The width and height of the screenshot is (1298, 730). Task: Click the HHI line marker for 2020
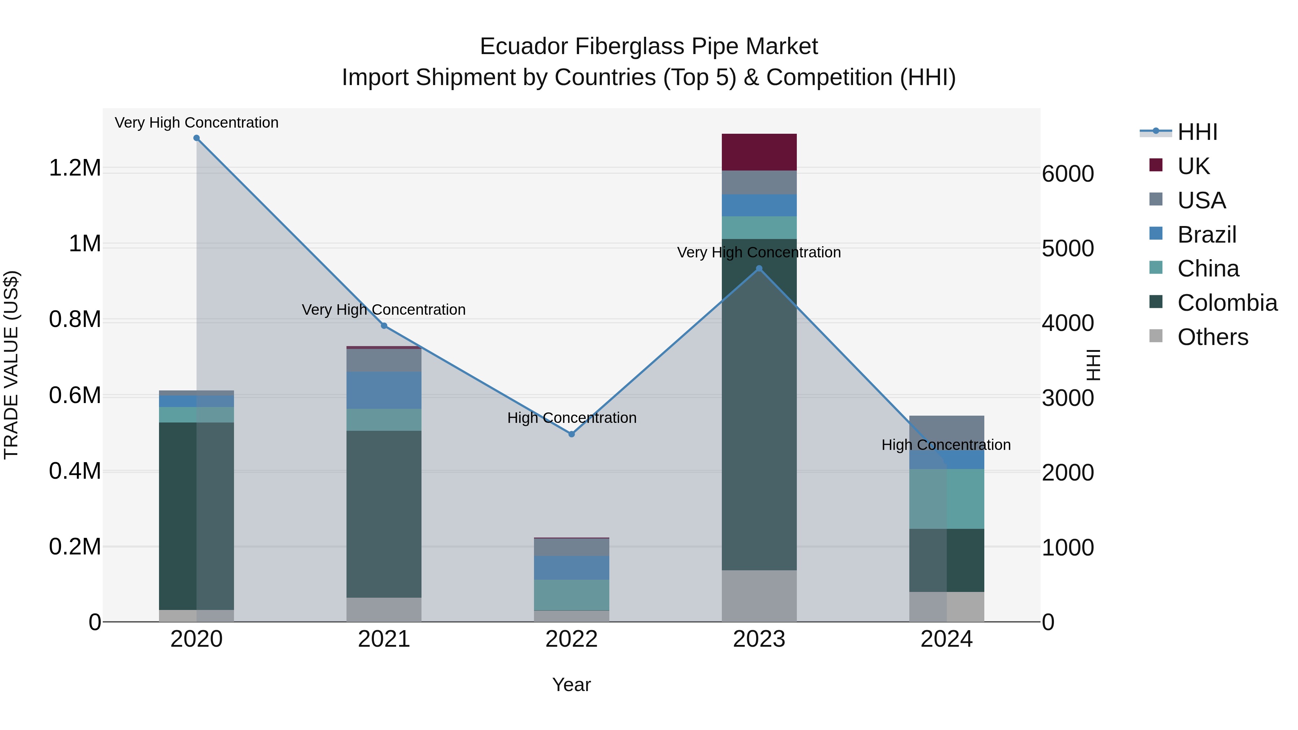coord(197,138)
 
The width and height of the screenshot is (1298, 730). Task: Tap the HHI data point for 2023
coord(759,269)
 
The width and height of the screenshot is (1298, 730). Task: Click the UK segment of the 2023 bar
coord(759,152)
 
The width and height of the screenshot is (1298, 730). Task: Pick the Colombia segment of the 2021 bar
coord(384,514)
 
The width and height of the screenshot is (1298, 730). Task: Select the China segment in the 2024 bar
coord(946,499)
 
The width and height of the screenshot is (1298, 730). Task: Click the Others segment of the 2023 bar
coord(759,596)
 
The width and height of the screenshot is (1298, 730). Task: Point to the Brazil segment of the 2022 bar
coord(571,568)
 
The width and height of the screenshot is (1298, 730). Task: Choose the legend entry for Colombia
coord(1227,303)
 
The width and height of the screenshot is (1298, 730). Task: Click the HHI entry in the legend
coord(1197,132)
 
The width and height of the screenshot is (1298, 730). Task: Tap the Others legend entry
coord(1212,337)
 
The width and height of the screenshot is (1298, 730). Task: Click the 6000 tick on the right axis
coord(1068,174)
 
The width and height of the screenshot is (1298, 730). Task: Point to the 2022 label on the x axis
coord(571,639)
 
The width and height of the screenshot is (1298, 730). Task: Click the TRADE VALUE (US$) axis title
coord(11,365)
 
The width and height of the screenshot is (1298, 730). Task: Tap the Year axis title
coord(571,685)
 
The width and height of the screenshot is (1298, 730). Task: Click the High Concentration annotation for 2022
coord(571,418)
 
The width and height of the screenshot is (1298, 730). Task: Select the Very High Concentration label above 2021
coord(384,309)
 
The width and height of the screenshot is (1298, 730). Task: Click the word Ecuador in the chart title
coord(524,47)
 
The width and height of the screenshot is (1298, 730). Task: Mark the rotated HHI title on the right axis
coord(1093,365)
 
